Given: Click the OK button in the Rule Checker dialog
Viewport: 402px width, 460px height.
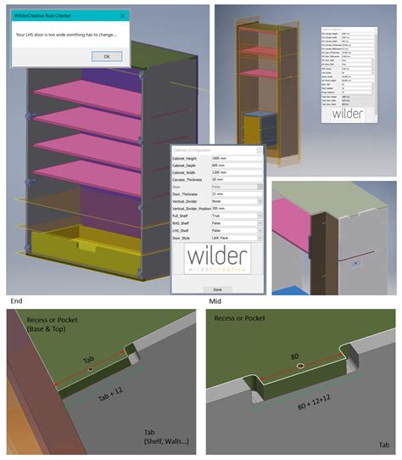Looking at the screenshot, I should click(105, 56).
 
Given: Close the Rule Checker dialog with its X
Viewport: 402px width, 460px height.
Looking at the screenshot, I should click(124, 14).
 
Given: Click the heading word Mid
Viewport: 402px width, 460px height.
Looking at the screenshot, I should click(216, 300).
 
